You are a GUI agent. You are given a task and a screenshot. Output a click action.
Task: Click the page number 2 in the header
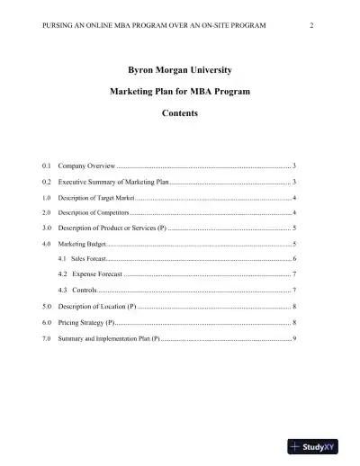[x=310, y=25]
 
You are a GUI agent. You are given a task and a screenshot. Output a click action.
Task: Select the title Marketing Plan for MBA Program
[x=180, y=92]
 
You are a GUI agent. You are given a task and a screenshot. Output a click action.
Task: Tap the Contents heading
[x=180, y=114]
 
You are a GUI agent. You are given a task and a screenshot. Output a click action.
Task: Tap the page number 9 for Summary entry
[x=294, y=337]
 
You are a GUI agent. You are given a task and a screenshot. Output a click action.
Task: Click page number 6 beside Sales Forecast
[x=294, y=258]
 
